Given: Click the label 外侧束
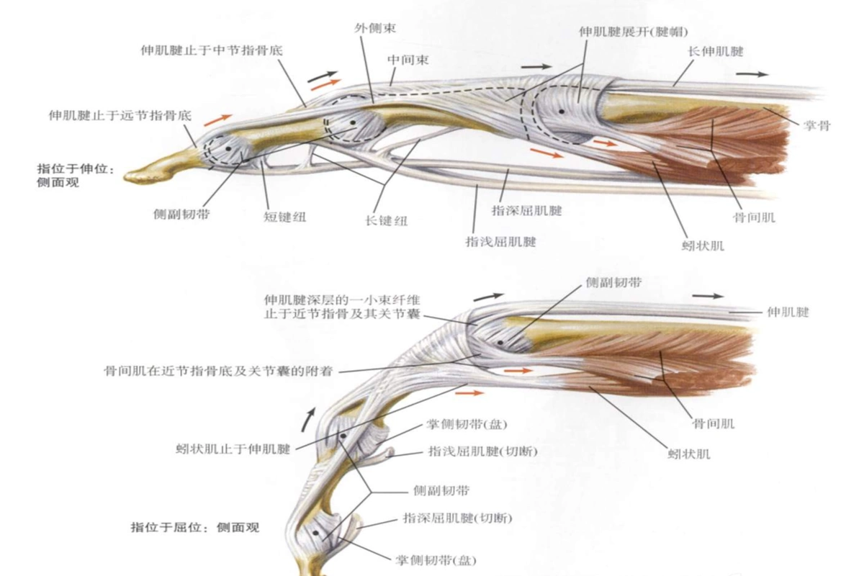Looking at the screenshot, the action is click(375, 28).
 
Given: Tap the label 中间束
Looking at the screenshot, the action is click(408, 60).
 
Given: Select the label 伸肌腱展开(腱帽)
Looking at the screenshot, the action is click(634, 32).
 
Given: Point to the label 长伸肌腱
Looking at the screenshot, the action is click(716, 52).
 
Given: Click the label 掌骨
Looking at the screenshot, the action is click(817, 125).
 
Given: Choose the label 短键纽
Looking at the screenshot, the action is click(285, 217).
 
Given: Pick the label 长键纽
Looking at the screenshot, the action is click(386, 220).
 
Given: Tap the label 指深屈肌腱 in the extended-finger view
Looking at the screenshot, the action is click(527, 210).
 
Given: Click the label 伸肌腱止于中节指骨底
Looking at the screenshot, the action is click(212, 50).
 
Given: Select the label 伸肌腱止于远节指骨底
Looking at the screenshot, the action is click(120, 115).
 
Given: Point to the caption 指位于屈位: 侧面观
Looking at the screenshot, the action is click(195, 527).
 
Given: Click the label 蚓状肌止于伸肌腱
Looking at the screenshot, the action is click(233, 449).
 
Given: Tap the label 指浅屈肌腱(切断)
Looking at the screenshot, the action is click(482, 451).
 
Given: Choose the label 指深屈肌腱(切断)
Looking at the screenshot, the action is click(457, 518).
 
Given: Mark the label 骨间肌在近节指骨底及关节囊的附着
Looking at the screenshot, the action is click(219, 371).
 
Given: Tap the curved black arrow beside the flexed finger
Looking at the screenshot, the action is click(308, 419).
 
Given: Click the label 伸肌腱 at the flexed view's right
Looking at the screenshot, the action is click(788, 312).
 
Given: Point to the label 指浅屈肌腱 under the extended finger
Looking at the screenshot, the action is click(500, 241).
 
